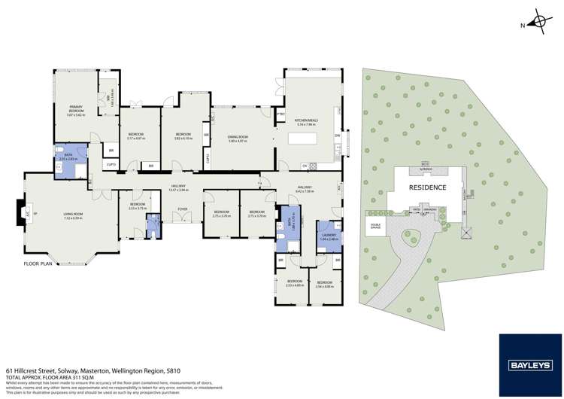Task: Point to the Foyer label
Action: point(181,211)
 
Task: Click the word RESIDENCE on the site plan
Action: point(427,187)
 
